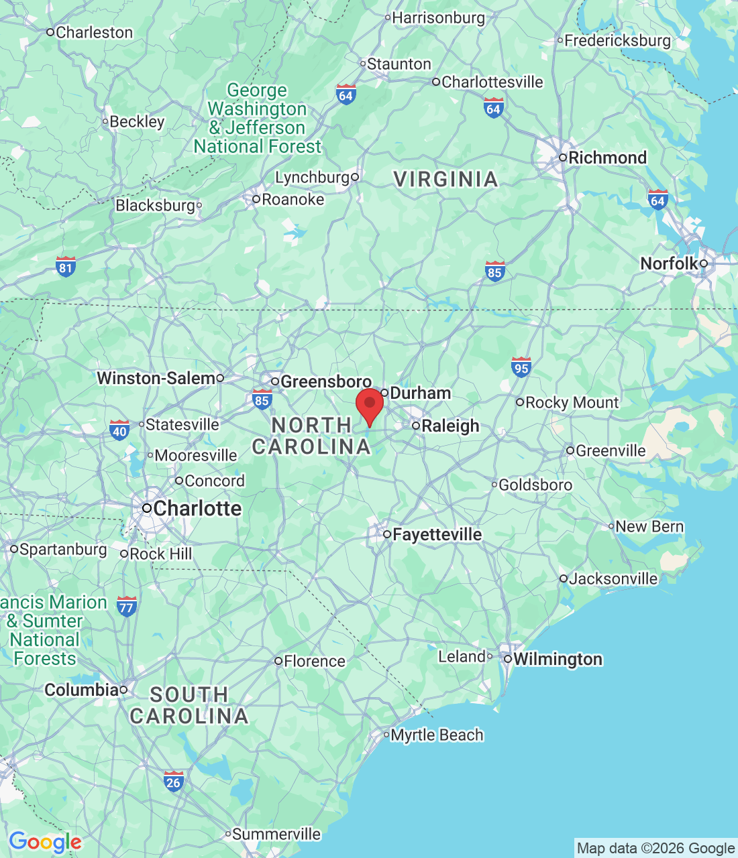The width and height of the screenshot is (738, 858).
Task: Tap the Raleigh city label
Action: pyautogui.click(x=450, y=426)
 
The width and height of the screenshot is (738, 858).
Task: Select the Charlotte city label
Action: pyautogui.click(x=197, y=508)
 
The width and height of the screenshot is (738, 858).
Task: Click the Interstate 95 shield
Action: pyautogui.click(x=521, y=367)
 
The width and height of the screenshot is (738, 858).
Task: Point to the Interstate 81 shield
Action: pyautogui.click(x=65, y=267)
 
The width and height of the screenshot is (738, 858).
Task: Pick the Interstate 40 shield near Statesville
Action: pyautogui.click(x=119, y=430)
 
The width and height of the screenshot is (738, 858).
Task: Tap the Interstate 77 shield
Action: pyautogui.click(x=126, y=606)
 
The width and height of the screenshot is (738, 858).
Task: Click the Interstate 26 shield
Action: pyautogui.click(x=173, y=780)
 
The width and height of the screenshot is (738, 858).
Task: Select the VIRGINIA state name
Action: pyautogui.click(x=445, y=179)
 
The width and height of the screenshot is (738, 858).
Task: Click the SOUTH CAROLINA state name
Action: pyautogui.click(x=189, y=705)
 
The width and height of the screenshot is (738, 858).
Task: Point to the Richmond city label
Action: pyautogui.click(x=607, y=158)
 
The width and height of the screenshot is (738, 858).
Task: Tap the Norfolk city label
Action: pyautogui.click(x=669, y=263)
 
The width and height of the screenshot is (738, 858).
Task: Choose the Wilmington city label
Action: pyautogui.click(x=557, y=659)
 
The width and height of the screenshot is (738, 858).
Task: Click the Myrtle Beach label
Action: pyautogui.click(x=437, y=735)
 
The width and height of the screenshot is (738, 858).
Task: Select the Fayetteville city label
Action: pyautogui.click(x=436, y=534)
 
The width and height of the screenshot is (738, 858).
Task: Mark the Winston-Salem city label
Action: pyautogui.click(x=156, y=378)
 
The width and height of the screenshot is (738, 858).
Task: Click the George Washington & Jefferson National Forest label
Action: pyautogui.click(x=258, y=118)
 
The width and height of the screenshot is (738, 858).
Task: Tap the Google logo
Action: pyautogui.click(x=45, y=842)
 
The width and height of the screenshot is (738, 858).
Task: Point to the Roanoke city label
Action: pyautogui.click(x=292, y=199)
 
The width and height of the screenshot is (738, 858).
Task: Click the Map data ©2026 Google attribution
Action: pyautogui.click(x=655, y=848)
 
